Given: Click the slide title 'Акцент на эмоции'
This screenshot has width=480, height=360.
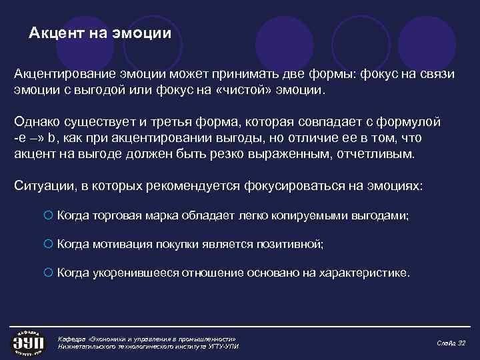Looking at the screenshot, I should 100,33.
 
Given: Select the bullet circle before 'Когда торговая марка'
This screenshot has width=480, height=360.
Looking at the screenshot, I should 48,216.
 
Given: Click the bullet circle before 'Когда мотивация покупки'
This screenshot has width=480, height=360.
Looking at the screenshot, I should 48,245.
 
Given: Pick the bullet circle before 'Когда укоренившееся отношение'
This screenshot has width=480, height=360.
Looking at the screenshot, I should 48,273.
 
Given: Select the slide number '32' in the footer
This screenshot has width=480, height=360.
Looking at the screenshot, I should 461,342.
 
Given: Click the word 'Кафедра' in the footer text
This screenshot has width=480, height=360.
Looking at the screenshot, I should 73,337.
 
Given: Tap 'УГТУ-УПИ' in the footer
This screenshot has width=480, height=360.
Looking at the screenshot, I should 222,347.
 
